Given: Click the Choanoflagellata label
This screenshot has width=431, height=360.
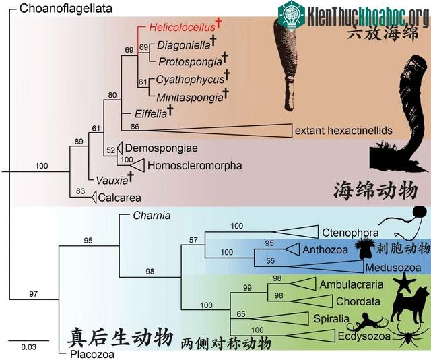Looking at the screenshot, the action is coord(66,9).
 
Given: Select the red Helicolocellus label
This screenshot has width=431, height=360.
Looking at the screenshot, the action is coord(182,27).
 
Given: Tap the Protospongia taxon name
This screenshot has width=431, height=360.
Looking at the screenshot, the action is coord(190,62).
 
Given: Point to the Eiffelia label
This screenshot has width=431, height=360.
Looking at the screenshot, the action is coord(151,113).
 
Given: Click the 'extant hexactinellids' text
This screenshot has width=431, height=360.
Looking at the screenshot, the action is coord(343,131).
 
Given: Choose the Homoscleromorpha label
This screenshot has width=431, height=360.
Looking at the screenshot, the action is coord(195,165).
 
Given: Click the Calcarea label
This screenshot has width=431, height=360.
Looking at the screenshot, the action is coord(120,198).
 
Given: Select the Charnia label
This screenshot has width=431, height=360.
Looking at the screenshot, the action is coord(152,216).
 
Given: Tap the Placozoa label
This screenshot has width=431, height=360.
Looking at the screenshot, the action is coord(92,354).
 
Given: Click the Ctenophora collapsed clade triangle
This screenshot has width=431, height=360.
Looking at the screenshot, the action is coord(296,232).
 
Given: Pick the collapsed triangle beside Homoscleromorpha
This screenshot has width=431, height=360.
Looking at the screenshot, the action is coord(137,166).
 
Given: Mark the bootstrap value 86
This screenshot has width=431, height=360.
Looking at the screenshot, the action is coord(135,127).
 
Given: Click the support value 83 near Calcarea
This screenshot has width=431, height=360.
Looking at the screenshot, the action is coord(80,191).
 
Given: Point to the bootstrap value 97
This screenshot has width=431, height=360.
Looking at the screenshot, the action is coord(33,294).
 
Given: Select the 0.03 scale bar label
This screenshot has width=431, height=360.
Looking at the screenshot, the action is coord(28,347).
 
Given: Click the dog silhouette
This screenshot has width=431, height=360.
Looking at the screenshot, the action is coord(409,304).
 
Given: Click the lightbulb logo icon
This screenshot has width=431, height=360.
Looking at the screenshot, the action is coord(292,15).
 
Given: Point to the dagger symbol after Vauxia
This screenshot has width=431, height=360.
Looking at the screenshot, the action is coord(131,177).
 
